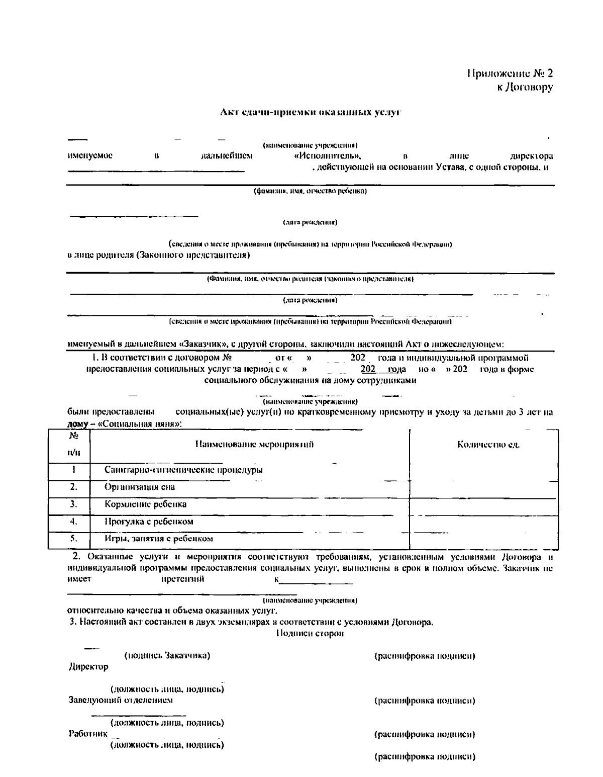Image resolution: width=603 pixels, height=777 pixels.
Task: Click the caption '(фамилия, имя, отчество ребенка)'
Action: point(310,191)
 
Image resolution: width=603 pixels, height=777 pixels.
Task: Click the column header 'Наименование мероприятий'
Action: point(254,444)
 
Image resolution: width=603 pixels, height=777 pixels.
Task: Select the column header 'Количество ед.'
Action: point(488,445)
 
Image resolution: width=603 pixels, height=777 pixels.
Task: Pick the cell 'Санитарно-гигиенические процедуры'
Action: point(183,470)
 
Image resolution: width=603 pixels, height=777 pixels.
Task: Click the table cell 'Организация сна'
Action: point(140,487)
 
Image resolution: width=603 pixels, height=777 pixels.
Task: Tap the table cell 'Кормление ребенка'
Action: point(145,504)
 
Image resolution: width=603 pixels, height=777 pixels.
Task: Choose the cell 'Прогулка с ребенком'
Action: point(149,522)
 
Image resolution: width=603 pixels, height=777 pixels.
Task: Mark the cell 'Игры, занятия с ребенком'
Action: point(158,539)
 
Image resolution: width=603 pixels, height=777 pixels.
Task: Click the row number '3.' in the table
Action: point(73,503)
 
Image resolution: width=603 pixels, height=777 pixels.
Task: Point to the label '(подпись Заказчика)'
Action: point(167,656)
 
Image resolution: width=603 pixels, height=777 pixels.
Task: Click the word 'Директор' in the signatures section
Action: point(88,667)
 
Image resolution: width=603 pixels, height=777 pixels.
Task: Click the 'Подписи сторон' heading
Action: point(310,634)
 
